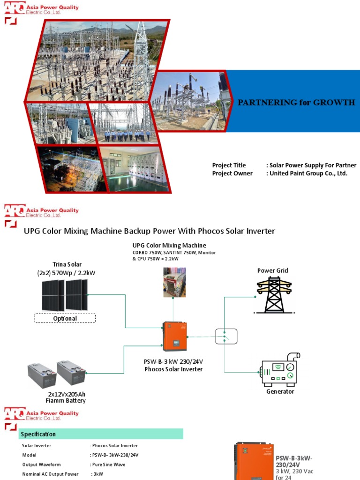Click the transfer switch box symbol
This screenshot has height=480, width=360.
coord(226,337)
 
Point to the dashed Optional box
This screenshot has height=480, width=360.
coord(65,318)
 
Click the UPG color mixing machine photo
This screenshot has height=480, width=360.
coord(174,282)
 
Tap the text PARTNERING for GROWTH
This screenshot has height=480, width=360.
coord(296,103)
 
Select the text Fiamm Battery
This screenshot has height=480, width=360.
coord(66,401)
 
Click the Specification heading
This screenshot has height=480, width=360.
coord(38,434)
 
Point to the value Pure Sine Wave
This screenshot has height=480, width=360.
coord(108,465)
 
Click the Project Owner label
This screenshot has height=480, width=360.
coord(232,173)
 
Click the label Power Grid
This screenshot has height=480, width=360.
coord(272,270)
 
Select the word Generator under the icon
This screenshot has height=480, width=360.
coord(280,391)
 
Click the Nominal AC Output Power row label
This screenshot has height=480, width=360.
coord(50,474)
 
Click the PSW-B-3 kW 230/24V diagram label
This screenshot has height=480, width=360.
coord(173,361)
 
